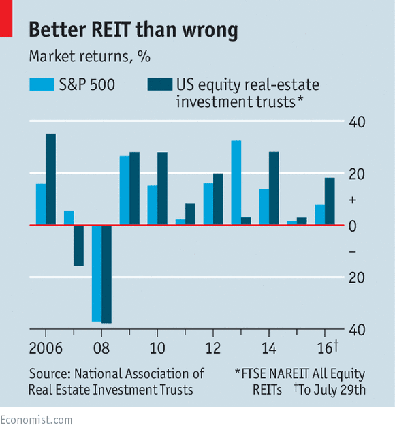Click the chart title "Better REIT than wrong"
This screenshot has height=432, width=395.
(x=133, y=30)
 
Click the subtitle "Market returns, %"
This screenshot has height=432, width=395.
(x=89, y=57)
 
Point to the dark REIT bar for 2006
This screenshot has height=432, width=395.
(x=50, y=179)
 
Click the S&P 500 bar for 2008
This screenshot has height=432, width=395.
(x=97, y=273)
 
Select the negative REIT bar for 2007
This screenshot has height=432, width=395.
(x=78, y=245)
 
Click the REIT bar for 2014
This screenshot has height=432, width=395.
(x=274, y=188)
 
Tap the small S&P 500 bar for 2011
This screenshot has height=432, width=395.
(x=180, y=221)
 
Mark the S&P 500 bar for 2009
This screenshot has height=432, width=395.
(x=125, y=190)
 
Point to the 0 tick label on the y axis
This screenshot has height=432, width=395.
(x=353, y=226)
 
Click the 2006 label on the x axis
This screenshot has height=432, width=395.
(x=46, y=347)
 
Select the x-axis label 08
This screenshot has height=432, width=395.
(x=101, y=347)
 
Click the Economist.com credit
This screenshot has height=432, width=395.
(x=36, y=420)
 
